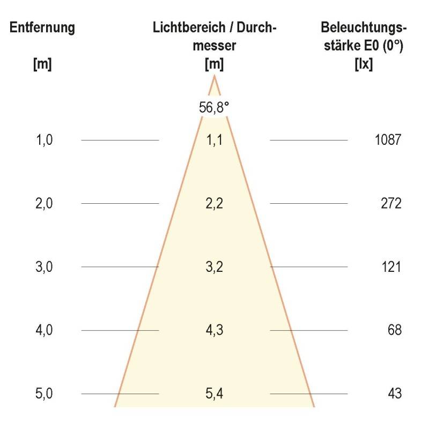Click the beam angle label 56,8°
214,107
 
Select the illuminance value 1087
388,140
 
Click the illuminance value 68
395,330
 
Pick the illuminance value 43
395,394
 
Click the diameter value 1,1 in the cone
214,140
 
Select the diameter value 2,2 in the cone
214,204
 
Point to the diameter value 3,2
214,267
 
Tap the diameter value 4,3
214,330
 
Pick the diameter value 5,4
214,394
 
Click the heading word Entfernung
42,28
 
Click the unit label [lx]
364,64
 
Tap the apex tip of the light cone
214,76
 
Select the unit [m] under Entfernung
42,64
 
